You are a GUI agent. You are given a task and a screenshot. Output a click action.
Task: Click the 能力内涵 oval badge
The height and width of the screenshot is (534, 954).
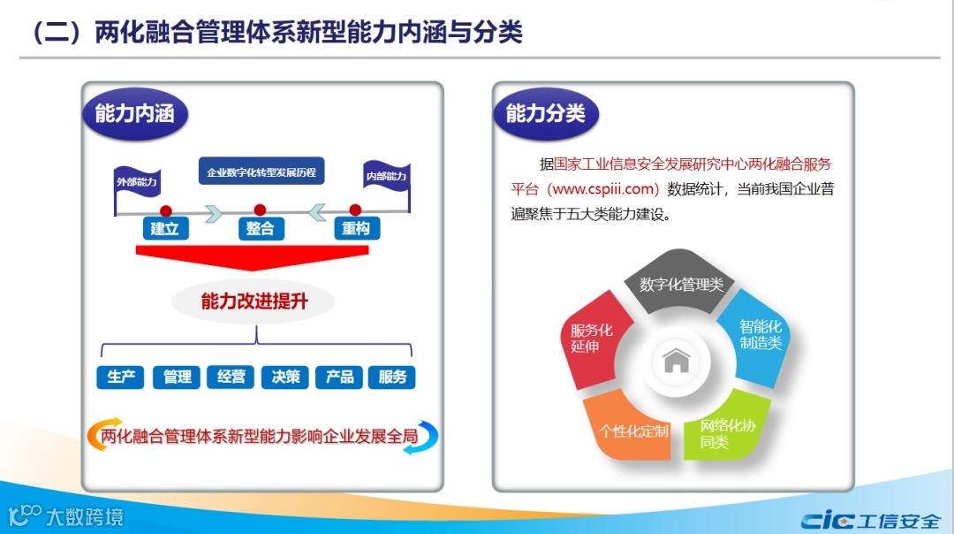(135, 113)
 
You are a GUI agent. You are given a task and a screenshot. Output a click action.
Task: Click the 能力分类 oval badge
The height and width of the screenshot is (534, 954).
(545, 113)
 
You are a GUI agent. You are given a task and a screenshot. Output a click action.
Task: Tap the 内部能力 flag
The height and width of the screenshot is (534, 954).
(386, 176)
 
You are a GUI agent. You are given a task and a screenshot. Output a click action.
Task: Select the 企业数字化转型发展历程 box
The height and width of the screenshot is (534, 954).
(261, 172)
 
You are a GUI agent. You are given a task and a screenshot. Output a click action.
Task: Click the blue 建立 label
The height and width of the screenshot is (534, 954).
(165, 229)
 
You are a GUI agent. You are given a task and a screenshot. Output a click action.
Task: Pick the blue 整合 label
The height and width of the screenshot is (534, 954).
(260, 229)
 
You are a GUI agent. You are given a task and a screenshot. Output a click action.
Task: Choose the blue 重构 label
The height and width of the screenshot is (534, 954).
(355, 229)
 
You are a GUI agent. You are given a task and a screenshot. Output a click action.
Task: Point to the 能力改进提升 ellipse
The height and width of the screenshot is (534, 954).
(254, 301)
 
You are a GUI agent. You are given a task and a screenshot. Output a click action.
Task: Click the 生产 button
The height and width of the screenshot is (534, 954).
(121, 378)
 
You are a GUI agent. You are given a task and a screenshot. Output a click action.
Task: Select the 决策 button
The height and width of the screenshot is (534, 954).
(285, 378)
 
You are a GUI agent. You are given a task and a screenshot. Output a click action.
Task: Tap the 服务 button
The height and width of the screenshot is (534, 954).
(392, 378)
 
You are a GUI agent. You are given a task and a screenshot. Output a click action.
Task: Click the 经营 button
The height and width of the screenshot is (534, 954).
(231, 378)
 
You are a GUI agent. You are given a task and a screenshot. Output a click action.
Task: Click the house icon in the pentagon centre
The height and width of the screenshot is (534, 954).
(677, 360)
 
